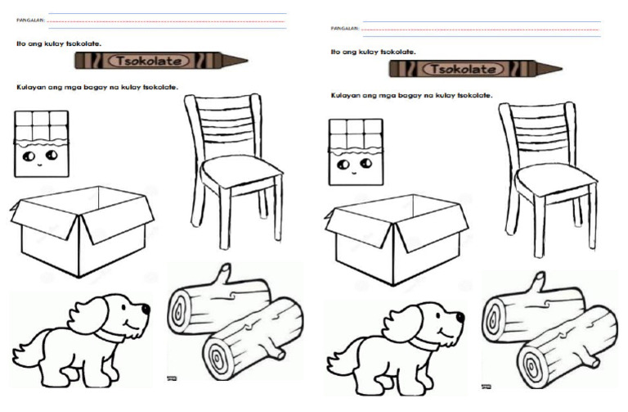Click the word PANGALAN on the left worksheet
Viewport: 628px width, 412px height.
(31, 20)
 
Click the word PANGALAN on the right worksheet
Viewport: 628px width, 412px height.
(345, 29)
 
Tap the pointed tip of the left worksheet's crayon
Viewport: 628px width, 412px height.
(247, 61)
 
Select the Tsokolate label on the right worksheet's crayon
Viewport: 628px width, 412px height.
(464, 69)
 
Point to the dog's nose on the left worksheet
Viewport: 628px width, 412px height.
(146, 309)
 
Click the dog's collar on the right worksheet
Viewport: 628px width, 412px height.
(424, 342)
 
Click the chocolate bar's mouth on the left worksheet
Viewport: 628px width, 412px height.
(39, 165)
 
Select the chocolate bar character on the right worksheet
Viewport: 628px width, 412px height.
(356, 152)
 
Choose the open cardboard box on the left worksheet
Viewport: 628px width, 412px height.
(82, 232)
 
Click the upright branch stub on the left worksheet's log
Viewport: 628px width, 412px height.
(223, 274)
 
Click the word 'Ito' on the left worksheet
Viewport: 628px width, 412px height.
(20, 43)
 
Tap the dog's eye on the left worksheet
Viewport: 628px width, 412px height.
(123, 308)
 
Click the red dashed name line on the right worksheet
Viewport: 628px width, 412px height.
(480, 29)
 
